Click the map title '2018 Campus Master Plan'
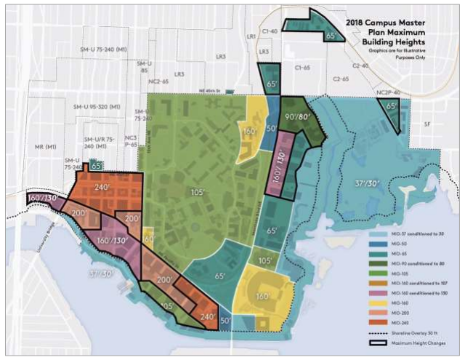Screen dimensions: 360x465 click(x=408, y=23)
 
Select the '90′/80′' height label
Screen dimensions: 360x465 click(x=299, y=116)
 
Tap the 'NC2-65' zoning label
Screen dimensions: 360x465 click(x=158, y=81)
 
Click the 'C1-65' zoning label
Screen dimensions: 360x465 click(x=302, y=68)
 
